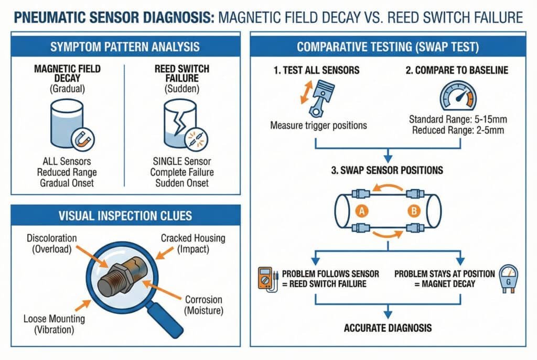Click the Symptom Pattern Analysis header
point(125,47)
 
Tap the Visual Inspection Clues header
point(125,215)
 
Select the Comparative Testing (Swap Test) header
point(388,47)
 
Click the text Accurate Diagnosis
point(387,328)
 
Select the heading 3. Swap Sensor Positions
point(388,171)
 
